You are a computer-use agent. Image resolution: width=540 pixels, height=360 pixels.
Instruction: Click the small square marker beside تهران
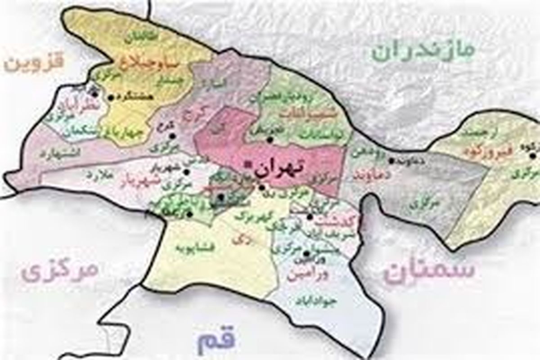[246, 165]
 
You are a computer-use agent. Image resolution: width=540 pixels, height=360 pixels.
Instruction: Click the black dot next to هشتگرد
[111, 97]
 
